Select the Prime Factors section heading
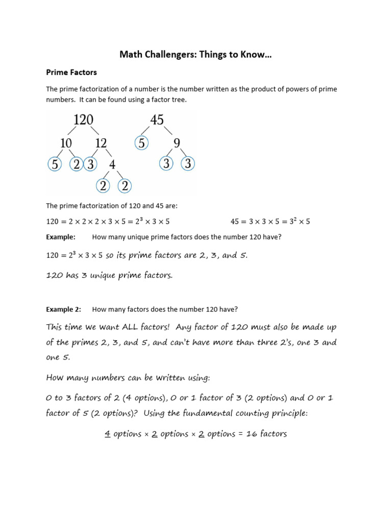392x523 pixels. click(71, 73)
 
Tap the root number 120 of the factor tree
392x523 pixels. click(83, 120)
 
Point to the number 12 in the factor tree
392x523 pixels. click(101, 143)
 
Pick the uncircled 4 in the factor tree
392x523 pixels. click(112, 164)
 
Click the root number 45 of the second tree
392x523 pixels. click(157, 120)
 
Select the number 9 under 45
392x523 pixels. click(177, 143)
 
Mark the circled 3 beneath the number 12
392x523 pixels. click(90, 164)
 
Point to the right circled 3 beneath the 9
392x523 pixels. click(188, 164)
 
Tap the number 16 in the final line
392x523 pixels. click(251, 434)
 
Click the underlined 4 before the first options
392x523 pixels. click(108, 434)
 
